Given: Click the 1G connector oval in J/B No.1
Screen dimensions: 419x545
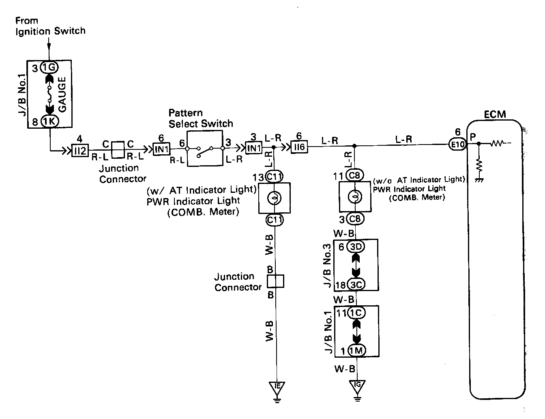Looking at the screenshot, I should (49, 68).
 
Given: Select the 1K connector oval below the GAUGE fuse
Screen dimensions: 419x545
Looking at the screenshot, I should (49, 121).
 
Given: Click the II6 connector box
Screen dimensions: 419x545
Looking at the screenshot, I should (299, 147).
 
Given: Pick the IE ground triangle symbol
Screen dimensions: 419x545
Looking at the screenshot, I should (277, 387).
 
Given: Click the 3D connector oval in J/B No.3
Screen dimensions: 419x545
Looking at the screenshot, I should (357, 246).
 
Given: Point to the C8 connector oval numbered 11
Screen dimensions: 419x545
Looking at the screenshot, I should (355, 176).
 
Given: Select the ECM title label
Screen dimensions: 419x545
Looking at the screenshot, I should (495, 114).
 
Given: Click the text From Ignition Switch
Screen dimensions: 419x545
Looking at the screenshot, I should (50, 26).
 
